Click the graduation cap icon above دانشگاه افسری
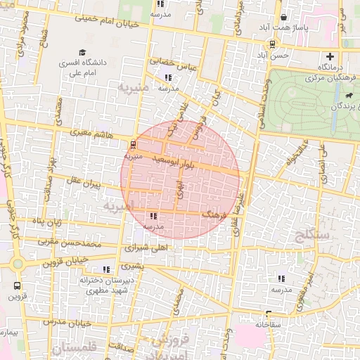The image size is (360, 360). point(82,52)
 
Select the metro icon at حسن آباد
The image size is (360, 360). point(272,43)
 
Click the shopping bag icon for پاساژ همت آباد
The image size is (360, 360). point(283,18)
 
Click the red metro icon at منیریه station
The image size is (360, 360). point(132,145)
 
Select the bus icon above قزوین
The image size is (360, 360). point(17,286)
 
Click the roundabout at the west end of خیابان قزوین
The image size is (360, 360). point(18,264)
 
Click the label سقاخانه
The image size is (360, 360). point(268,324)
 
